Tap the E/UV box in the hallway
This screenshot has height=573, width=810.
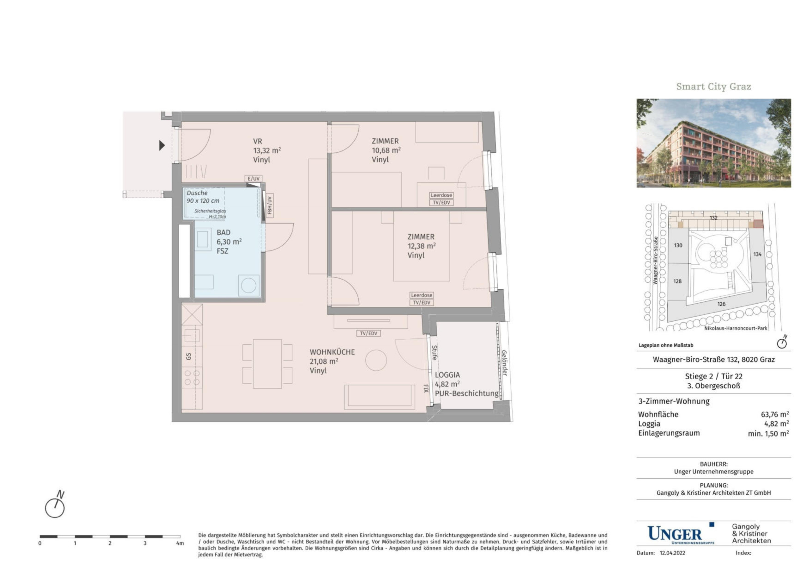pos(254,179)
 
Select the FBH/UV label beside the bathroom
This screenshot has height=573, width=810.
pos(270,205)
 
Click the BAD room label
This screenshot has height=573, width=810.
pos(223,233)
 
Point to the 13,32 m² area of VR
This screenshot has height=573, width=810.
pos(267,150)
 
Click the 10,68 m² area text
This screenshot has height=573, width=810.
pos(386,150)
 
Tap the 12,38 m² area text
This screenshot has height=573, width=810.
pos(422,246)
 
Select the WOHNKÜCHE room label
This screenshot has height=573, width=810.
pos(332,352)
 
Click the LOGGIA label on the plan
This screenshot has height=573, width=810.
pos(447,375)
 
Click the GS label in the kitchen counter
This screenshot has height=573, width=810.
pos(188,357)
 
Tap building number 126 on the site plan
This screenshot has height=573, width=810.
pos(721,304)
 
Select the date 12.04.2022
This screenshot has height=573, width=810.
pos(672,553)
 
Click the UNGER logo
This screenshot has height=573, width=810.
pos(680,534)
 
